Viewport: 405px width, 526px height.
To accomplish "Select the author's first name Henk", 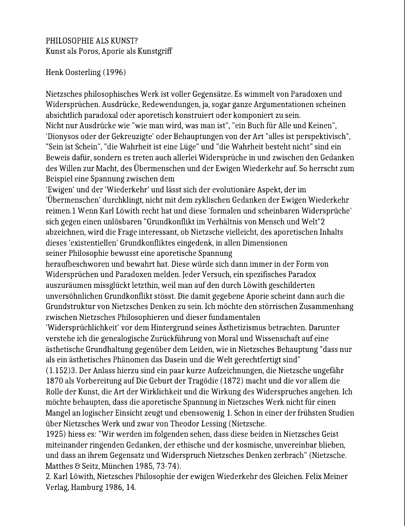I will coord(54,73).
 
